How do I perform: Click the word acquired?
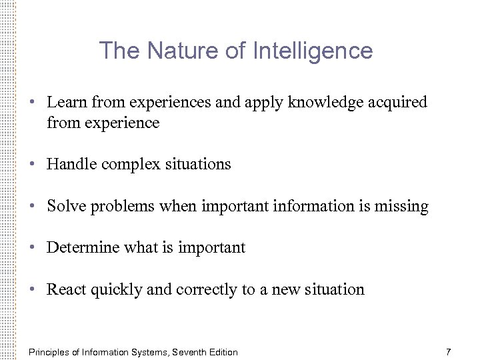pos(399,103)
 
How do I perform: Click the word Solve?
pos(65,207)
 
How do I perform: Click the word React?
pos(65,289)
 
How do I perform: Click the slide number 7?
pos(449,351)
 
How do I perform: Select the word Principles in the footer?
pos(48,352)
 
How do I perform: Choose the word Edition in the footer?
pos(223,352)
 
